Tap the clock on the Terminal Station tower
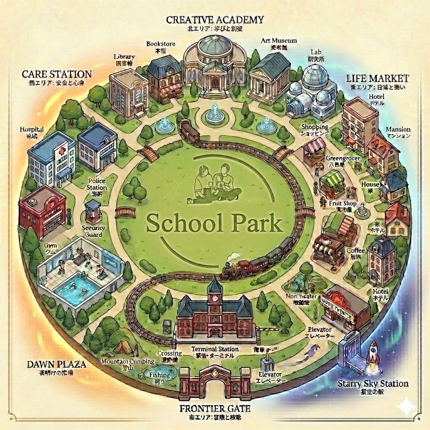(215, 298)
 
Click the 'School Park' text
(214, 224)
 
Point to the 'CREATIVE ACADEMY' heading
(215, 20)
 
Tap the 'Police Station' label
(97, 184)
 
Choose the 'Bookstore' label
(161, 44)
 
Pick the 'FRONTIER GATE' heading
(215, 408)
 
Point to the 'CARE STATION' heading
(57, 74)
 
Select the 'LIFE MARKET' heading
(378, 78)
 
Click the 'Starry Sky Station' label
(373, 383)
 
